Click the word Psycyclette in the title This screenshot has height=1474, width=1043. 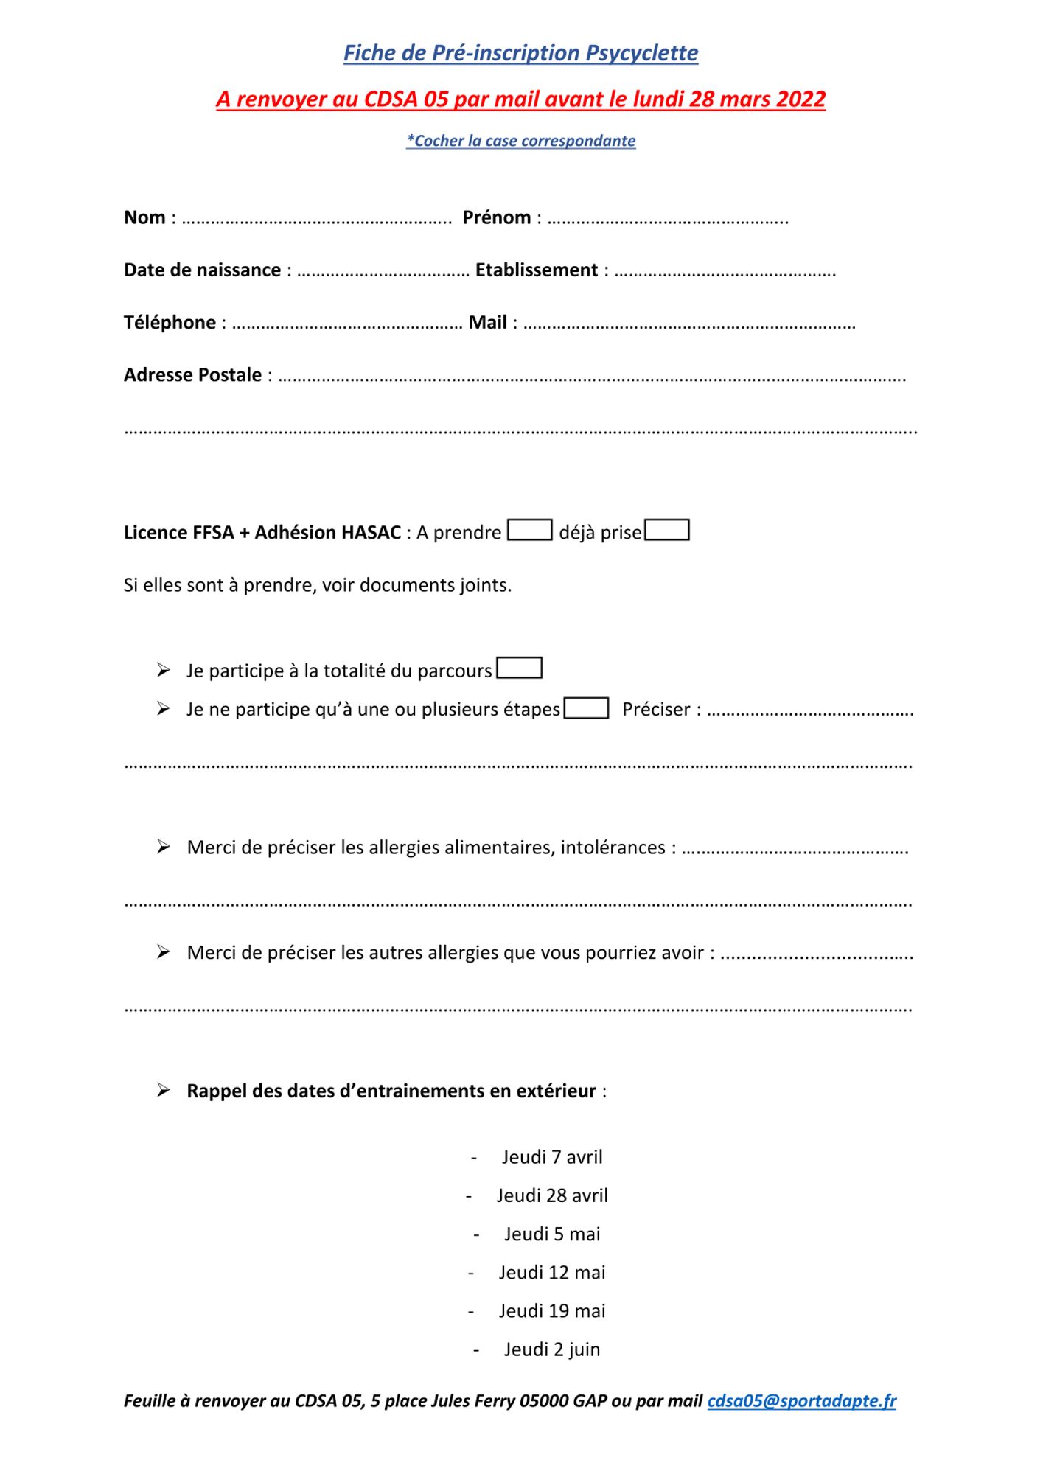tap(641, 53)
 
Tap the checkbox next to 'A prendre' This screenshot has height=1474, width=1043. tap(529, 531)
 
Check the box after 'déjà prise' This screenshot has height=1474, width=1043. tap(667, 531)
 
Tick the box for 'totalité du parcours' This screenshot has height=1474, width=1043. tap(520, 668)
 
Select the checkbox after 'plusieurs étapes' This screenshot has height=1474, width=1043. tap(586, 708)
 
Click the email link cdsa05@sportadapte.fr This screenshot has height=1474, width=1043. tap(801, 1401)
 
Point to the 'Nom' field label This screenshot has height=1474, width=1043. tap(144, 217)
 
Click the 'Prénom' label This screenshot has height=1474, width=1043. tap(496, 217)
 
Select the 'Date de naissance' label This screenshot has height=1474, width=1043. tap(202, 270)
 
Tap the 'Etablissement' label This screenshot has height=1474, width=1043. tap(536, 270)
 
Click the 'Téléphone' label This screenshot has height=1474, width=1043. tap(170, 323)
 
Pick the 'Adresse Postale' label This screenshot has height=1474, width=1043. tap(192, 375)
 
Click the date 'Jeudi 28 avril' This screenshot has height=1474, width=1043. tap(552, 1195)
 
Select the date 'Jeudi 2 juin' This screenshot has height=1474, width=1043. tap(552, 1349)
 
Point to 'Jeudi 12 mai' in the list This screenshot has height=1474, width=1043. tap(552, 1272)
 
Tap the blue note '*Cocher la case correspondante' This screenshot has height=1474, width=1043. tap(520, 141)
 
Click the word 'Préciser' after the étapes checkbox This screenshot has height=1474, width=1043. tap(656, 709)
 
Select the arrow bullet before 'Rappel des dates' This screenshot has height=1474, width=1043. tap(164, 1090)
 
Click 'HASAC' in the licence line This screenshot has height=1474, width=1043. tap(372, 532)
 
